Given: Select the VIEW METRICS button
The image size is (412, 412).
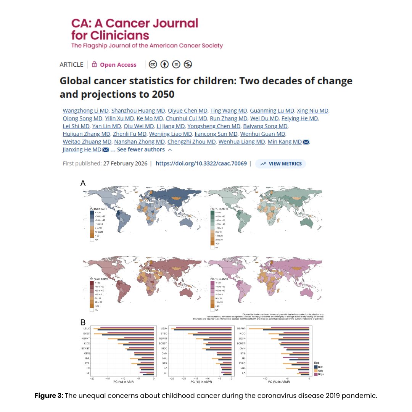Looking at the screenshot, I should point(281,164).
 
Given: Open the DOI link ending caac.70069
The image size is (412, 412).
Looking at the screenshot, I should point(201,164).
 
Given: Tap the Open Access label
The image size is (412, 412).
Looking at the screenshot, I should point(118,65).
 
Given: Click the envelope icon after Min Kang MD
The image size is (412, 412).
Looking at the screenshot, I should point(306,142).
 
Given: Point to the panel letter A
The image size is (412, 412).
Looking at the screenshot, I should point(83,183).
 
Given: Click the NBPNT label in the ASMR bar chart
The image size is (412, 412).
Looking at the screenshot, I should point(241,328).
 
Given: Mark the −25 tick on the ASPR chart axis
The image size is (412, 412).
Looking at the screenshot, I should point(172,379).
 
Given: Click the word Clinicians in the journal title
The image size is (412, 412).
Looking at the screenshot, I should point(111,35).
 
